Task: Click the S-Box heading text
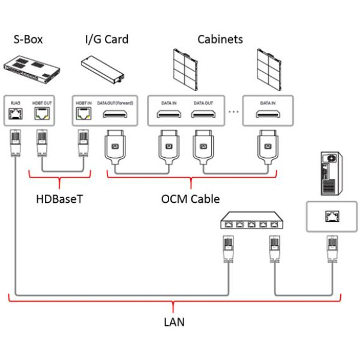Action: [28, 40]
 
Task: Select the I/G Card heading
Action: [107, 40]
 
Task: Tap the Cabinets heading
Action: [220, 40]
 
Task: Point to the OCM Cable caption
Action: [191, 199]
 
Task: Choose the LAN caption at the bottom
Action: [174, 322]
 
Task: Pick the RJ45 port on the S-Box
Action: [15, 115]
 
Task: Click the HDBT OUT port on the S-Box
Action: [42, 115]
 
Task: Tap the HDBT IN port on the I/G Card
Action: [81, 115]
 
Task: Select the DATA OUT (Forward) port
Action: [114, 115]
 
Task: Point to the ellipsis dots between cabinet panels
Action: [233, 112]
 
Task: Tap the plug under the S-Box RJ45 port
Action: [15, 145]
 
